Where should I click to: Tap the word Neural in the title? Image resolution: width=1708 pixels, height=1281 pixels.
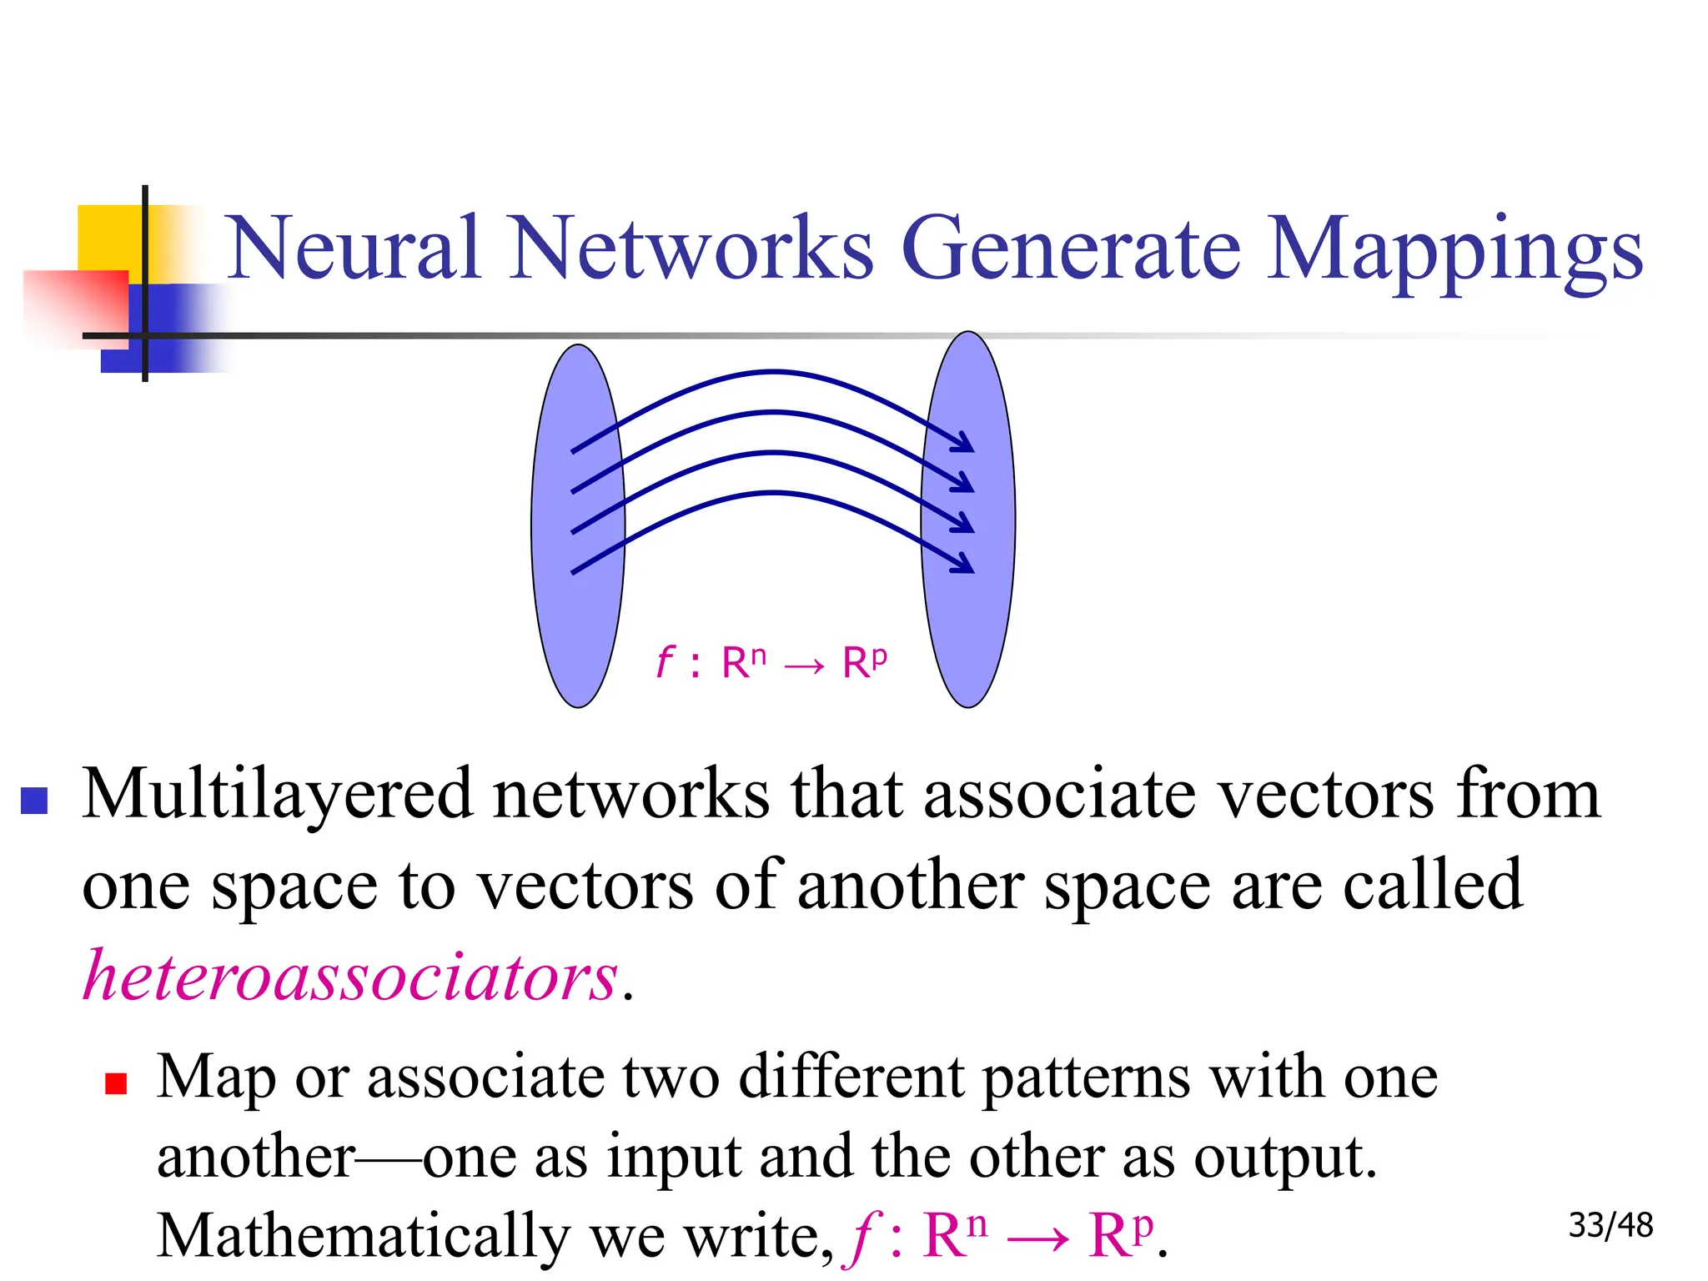click(354, 248)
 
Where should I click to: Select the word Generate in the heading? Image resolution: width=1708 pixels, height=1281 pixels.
click(1071, 248)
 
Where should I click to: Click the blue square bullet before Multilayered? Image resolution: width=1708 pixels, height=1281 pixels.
click(34, 801)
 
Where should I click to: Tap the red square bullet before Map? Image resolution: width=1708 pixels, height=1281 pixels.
click(116, 1083)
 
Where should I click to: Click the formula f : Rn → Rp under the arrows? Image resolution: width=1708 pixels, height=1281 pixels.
click(771, 664)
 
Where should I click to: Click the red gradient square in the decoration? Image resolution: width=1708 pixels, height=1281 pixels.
click(75, 304)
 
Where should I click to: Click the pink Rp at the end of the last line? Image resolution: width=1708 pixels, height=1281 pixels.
click(1121, 1234)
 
